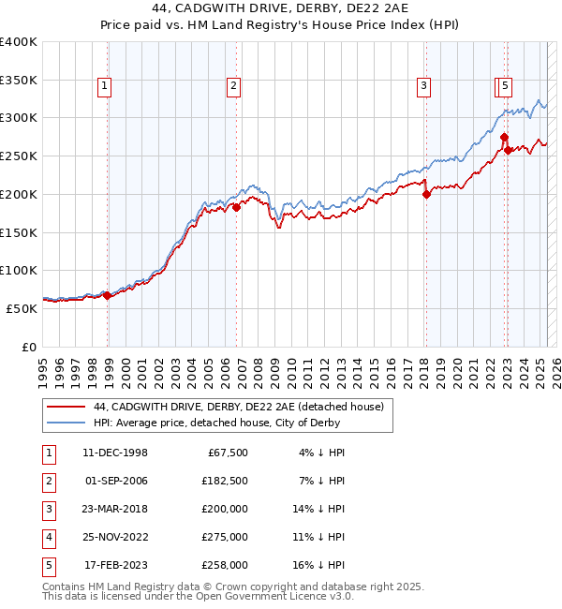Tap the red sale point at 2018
(x=426, y=195)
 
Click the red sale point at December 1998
(x=107, y=295)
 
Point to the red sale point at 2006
(x=236, y=208)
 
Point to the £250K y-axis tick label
(x=19, y=156)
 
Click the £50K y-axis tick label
(x=22, y=307)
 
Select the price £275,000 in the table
(x=227, y=538)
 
